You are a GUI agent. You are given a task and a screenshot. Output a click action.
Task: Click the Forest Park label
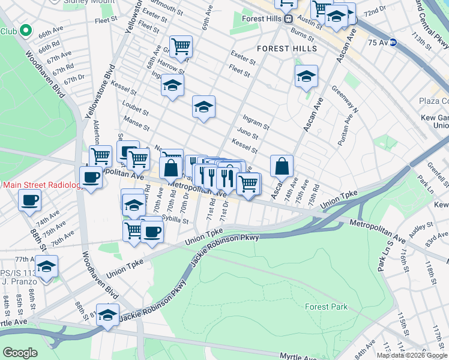tap(325, 307)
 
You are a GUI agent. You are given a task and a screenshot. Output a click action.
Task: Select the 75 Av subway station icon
tap(393, 42)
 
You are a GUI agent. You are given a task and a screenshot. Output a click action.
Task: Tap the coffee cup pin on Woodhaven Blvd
tap(91, 177)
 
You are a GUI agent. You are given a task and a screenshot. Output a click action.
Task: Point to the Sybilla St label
tap(175, 220)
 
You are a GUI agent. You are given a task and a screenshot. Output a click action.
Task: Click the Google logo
tap(19, 353)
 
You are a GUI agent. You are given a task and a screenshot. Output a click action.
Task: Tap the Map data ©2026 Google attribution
tap(412, 355)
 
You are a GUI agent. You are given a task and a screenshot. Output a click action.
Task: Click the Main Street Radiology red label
tap(42, 185)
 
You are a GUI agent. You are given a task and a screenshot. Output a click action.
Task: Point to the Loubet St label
tap(135, 111)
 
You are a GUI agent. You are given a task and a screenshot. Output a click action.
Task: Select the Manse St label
tap(136, 125)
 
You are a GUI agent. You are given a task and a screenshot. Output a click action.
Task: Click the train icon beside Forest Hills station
tap(288, 19)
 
